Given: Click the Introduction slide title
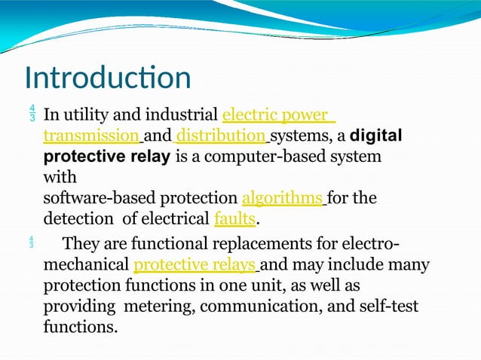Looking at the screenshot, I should point(108,78).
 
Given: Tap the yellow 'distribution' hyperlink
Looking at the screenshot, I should point(221,137).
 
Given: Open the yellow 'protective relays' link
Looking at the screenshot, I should point(195,265).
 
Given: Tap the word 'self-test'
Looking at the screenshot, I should point(386,307).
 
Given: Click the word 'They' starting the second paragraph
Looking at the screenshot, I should point(80,245).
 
